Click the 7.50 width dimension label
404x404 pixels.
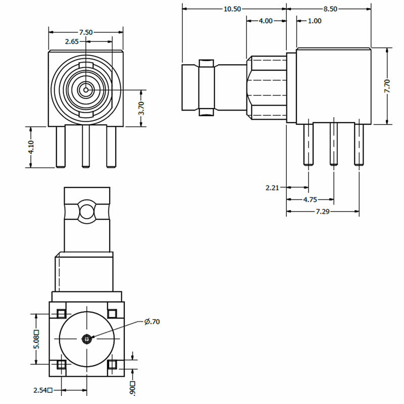tap(86, 32)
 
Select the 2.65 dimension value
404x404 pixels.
tap(72, 42)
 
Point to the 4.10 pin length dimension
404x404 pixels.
tap(31, 147)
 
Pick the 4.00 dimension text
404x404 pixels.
tap(266, 21)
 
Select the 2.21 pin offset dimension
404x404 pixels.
tap(272, 188)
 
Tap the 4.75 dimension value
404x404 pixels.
tap(310, 200)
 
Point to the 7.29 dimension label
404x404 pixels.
tap(323, 212)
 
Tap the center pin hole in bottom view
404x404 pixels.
tap(87, 339)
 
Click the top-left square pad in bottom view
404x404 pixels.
tap(61, 313)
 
